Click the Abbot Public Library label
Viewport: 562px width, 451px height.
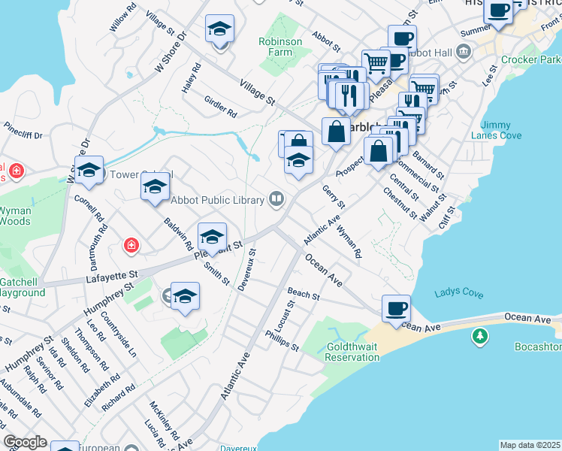tap(218, 200)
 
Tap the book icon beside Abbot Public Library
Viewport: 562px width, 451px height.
tap(276, 199)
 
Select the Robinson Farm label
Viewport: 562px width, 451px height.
tap(280, 47)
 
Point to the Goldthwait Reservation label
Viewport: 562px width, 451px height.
tap(352, 353)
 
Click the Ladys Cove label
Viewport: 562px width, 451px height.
tap(458, 292)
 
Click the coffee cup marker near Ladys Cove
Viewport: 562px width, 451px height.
tap(396, 308)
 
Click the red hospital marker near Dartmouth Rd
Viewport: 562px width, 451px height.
tap(131, 246)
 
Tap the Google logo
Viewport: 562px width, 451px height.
tap(25, 442)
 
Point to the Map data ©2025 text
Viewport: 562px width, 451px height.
tap(530, 445)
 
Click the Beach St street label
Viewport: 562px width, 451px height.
tap(304, 294)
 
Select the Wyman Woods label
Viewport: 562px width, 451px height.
tap(14, 216)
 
